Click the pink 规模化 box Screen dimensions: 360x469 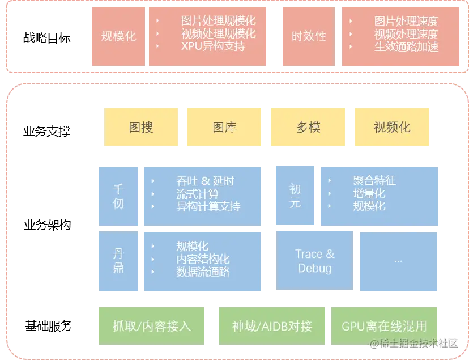[x=118, y=36]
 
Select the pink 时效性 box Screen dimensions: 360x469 [x=309, y=36]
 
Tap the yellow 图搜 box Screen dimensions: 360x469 [x=141, y=127]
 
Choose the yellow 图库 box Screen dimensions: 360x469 [x=224, y=127]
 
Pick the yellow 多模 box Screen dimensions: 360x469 [x=308, y=127]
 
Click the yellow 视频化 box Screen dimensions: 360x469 [x=391, y=127]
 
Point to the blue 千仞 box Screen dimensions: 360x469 [x=118, y=196]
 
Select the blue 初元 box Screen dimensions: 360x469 [x=295, y=196]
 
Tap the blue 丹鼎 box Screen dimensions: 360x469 [x=118, y=261]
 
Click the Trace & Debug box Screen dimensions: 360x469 [x=314, y=261]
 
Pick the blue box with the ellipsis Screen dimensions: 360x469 [x=398, y=261]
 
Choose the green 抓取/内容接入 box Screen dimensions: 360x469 [x=152, y=326]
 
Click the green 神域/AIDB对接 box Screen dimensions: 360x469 [x=272, y=326]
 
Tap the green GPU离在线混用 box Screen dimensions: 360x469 [x=384, y=326]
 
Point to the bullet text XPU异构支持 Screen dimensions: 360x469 [x=213, y=46]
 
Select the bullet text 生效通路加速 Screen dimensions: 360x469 [x=406, y=46]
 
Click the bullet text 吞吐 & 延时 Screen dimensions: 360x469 [x=205, y=181]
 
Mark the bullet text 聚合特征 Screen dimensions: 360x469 [x=374, y=181]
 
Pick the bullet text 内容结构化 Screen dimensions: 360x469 [x=203, y=259]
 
